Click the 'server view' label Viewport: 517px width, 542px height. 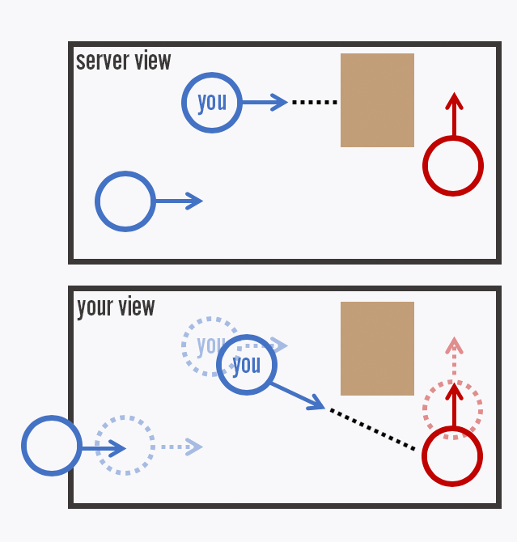(x=123, y=61)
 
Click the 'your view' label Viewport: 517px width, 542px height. (x=116, y=307)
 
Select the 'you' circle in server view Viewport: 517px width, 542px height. (x=212, y=103)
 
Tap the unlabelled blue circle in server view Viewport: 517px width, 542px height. (x=125, y=201)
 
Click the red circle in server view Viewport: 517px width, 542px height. (x=453, y=166)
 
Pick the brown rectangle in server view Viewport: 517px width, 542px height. (x=377, y=100)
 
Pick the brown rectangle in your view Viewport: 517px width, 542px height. (x=377, y=349)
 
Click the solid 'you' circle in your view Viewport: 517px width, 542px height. (x=247, y=365)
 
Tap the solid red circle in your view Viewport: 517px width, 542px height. (x=452, y=456)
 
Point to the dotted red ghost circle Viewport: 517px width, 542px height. (x=453, y=409)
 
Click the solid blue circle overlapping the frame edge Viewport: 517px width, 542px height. (x=52, y=447)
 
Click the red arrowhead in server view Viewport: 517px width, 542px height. (x=454, y=101)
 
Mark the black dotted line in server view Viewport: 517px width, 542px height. (x=314, y=103)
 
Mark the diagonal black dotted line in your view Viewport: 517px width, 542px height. (x=372, y=430)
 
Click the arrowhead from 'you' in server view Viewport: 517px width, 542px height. (x=279, y=103)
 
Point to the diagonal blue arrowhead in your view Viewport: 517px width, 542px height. (x=316, y=404)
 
